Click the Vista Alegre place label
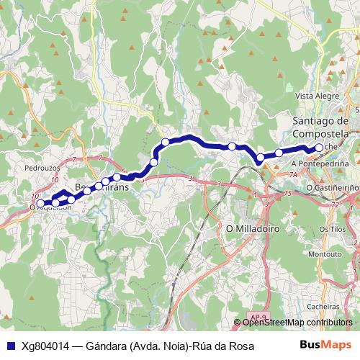(x=317, y=96)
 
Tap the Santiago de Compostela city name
(x=321, y=127)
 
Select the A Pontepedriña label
(x=320, y=164)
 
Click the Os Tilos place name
(x=333, y=228)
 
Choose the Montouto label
(x=324, y=254)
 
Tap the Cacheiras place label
(x=323, y=305)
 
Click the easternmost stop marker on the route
(x=319, y=148)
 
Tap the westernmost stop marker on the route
(x=41, y=204)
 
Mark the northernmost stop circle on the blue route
(x=165, y=142)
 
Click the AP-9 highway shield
(x=260, y=316)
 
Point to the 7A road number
(x=292, y=175)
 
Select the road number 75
(x=287, y=194)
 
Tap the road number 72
(x=334, y=206)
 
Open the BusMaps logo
(x=326, y=346)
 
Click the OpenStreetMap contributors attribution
(x=297, y=323)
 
